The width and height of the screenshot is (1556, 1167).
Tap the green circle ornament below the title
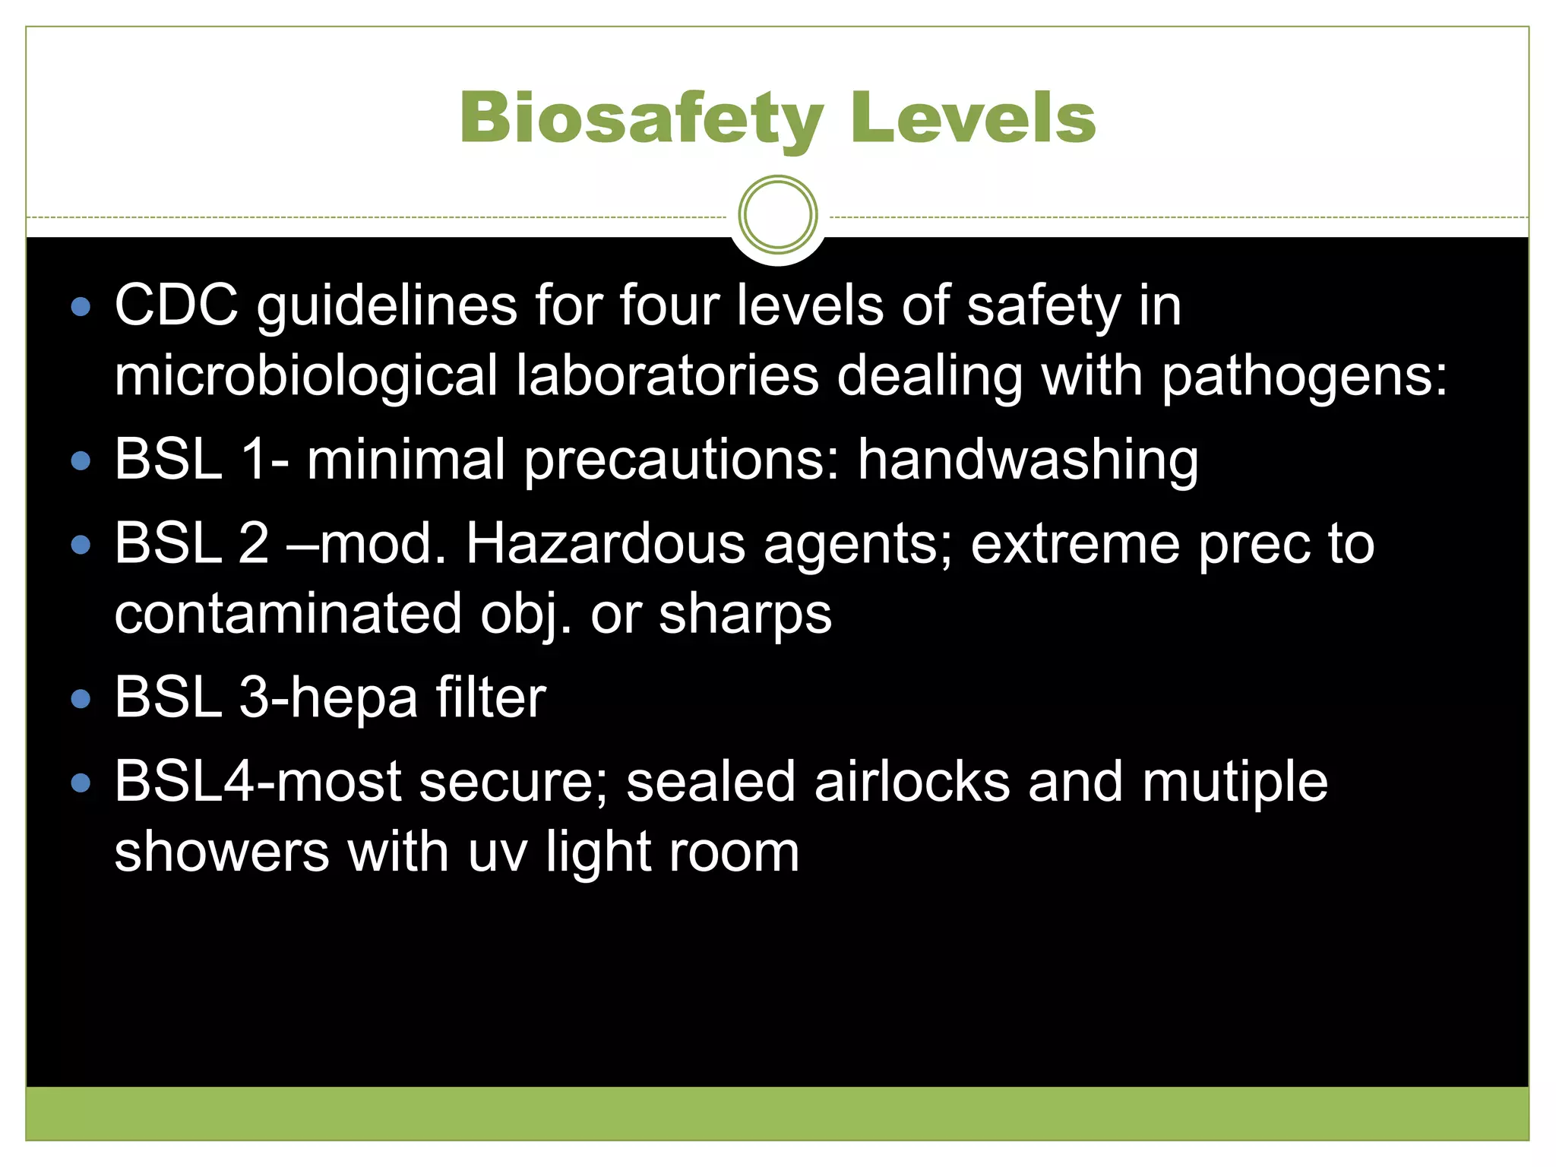tap(777, 215)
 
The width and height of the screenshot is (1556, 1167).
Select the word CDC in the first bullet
tap(176, 305)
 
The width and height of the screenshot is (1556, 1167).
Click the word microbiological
tap(305, 376)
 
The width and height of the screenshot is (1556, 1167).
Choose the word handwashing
tap(1027, 460)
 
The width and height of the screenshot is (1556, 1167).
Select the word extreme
tap(1075, 544)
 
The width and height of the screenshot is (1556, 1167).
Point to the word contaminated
tap(288, 614)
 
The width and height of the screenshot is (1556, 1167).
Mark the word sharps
tap(745, 615)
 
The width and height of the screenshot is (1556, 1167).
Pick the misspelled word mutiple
tap(1235, 783)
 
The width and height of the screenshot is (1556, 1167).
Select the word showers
tap(222, 852)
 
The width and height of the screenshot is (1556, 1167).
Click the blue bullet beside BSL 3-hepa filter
tap(81, 699)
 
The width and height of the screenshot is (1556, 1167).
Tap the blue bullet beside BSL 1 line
tap(81, 461)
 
